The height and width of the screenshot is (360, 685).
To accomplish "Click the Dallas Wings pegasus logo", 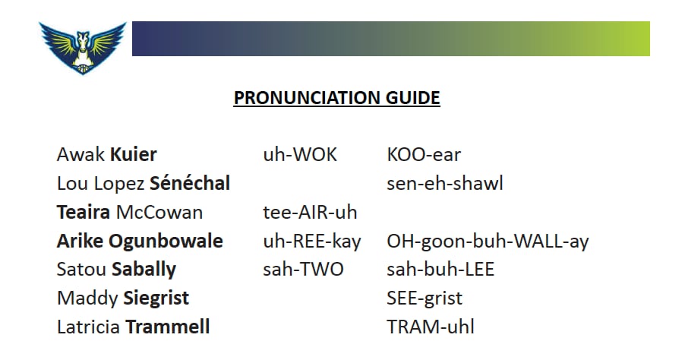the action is tap(83, 48).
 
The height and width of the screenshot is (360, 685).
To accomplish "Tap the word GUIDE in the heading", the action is tap(412, 97).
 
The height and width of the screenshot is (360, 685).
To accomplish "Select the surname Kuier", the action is tap(133, 155).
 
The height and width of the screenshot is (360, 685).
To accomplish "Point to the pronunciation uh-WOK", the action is tap(300, 155).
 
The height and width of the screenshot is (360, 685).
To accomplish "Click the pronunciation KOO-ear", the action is tap(424, 155).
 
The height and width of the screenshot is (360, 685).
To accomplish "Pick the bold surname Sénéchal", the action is tap(190, 183).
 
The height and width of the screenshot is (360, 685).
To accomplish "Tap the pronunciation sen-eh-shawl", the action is tap(445, 184).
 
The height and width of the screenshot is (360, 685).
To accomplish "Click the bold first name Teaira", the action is tap(84, 213).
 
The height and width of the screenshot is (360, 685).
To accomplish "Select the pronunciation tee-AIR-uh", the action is tap(310, 213).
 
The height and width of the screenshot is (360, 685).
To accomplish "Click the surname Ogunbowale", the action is tap(166, 242).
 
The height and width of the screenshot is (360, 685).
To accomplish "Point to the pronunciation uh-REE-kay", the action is tap(312, 242).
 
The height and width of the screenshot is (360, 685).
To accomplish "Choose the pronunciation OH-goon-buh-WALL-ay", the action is tap(488, 242).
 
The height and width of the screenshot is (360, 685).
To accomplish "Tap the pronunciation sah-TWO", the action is tap(303, 269).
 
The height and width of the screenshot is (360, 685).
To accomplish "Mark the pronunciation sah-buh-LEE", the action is tap(440, 269).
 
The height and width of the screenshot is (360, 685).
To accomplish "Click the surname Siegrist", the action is tap(156, 298).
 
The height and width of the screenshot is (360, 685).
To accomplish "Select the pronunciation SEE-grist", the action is tap(425, 298).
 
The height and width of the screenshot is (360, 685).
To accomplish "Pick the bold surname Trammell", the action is tap(168, 327).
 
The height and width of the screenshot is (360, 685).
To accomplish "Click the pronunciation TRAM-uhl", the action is tap(431, 327).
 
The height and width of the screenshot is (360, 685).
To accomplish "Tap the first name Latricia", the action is tap(88, 327).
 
